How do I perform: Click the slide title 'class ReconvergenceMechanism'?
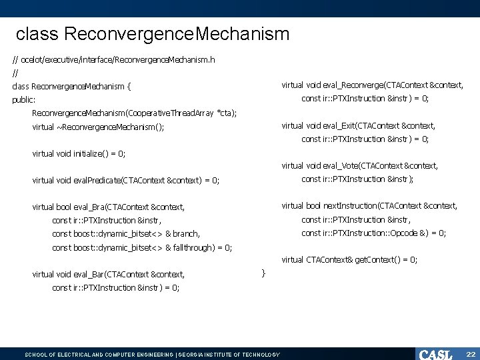click(x=153, y=33)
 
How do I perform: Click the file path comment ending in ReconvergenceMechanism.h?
click(x=113, y=59)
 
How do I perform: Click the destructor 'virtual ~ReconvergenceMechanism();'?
click(x=98, y=127)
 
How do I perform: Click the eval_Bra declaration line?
click(x=109, y=207)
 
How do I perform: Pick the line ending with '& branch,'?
click(x=126, y=233)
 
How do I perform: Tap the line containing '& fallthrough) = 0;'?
click(x=142, y=247)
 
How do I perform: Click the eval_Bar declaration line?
click(x=109, y=274)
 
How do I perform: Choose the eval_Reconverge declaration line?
click(x=372, y=85)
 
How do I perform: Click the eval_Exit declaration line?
click(x=359, y=125)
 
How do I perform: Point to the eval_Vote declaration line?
click(x=360, y=165)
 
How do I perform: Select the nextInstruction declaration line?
click(x=369, y=205)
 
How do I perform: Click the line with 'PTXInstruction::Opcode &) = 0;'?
click(x=373, y=233)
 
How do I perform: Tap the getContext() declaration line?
click(x=349, y=259)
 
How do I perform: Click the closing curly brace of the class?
click(x=263, y=273)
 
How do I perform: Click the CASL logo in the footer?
click(x=435, y=354)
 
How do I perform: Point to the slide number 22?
click(x=470, y=354)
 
